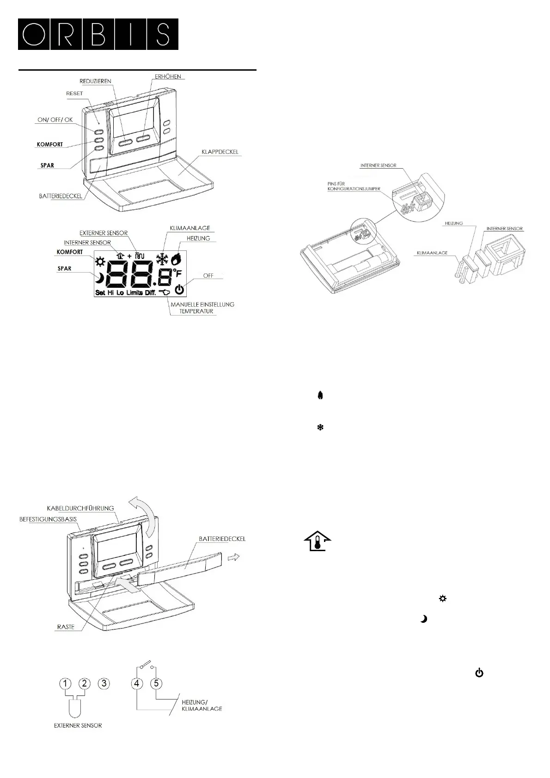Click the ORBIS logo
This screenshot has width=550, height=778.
(98, 34)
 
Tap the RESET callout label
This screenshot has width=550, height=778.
(74, 93)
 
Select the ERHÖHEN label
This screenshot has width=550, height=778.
(168, 76)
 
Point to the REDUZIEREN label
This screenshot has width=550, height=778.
(95, 81)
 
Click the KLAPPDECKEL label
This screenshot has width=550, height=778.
(220, 152)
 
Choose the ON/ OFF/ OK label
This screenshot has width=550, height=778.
(55, 120)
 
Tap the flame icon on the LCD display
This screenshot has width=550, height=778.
(176, 259)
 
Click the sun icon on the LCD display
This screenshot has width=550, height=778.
(100, 262)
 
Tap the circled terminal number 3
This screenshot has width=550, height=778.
(104, 683)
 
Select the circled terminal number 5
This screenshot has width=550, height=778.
(156, 683)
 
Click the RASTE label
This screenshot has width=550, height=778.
(66, 627)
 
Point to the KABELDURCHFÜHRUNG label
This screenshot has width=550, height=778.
(80, 508)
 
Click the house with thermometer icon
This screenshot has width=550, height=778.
(317, 541)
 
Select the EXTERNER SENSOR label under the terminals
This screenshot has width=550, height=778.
(78, 725)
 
